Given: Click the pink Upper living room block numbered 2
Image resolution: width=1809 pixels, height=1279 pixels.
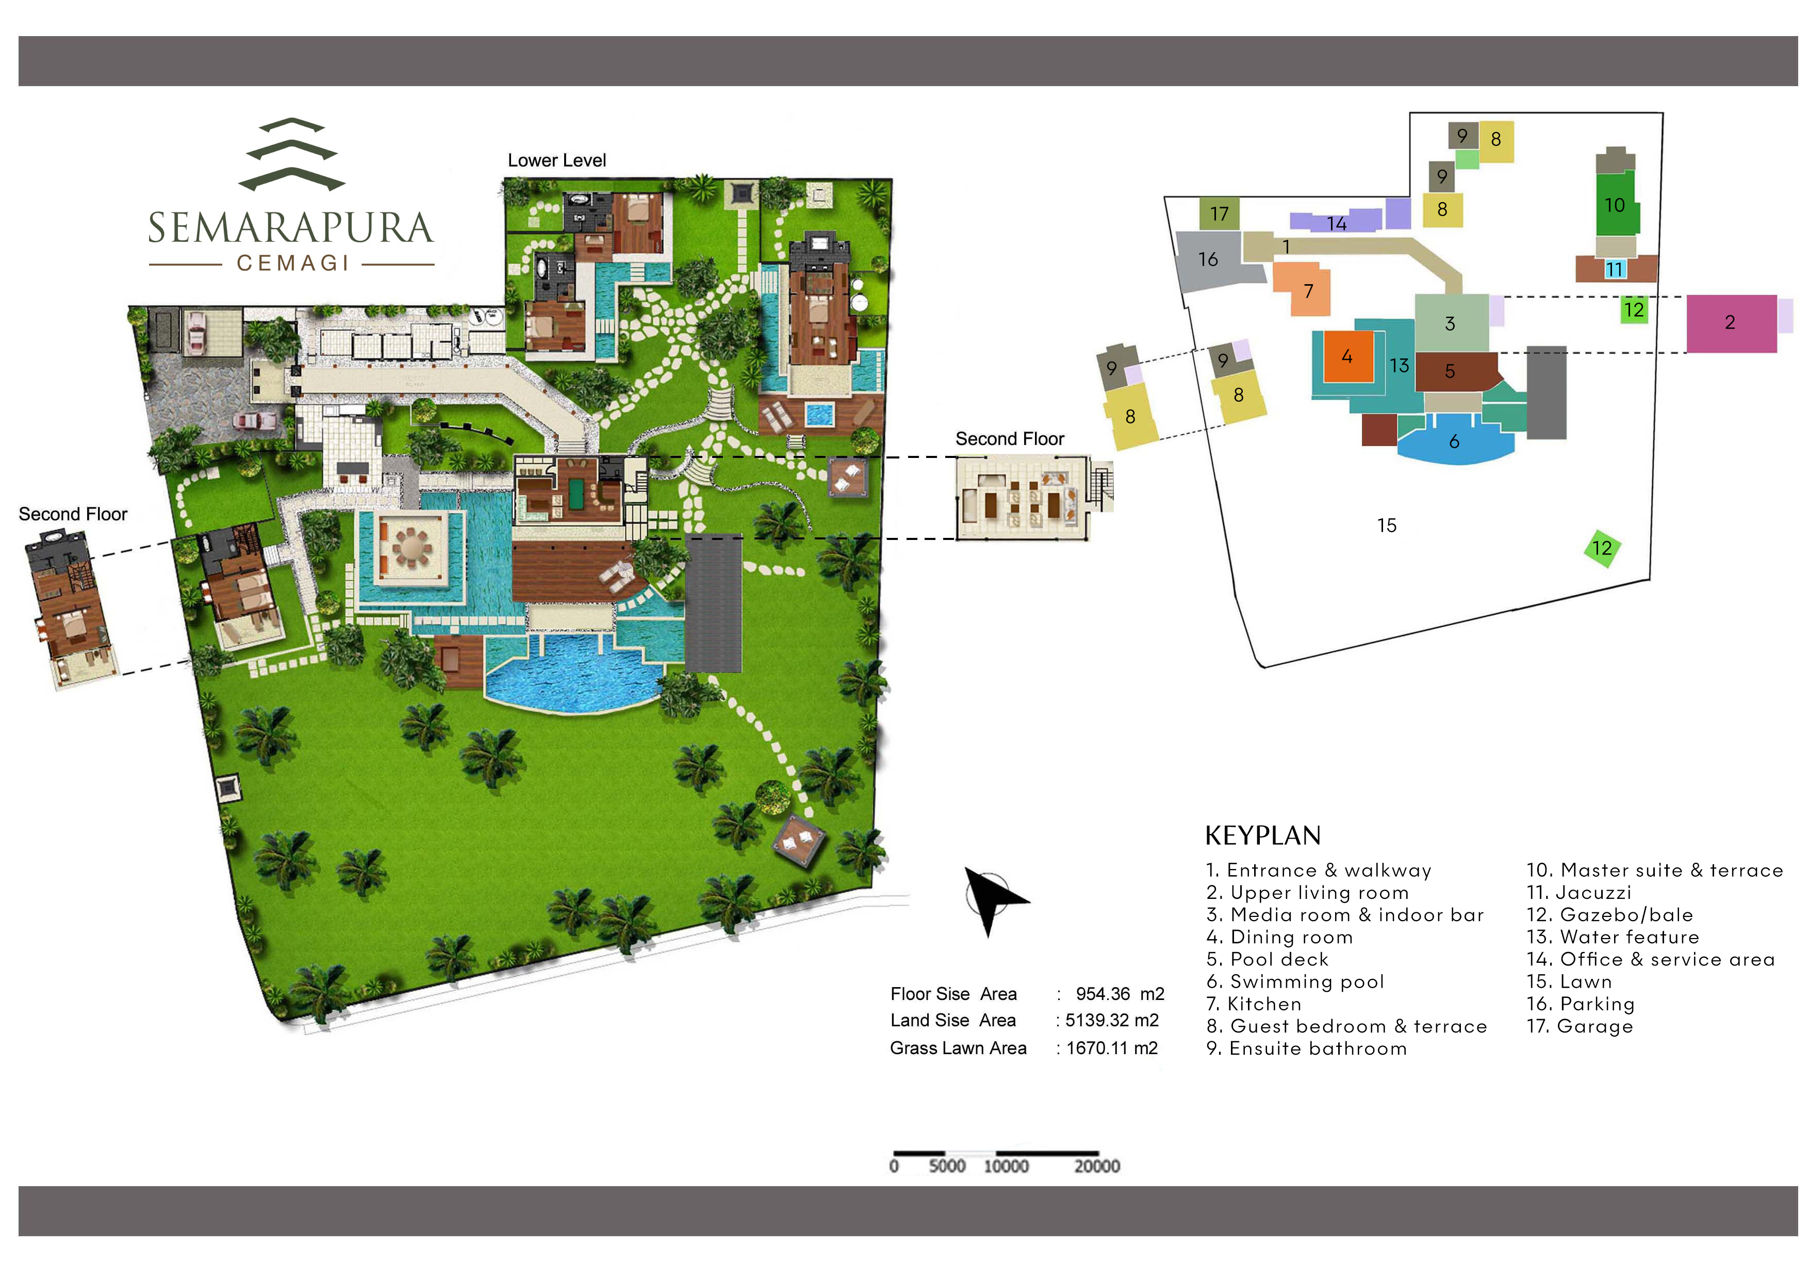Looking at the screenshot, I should click(1730, 322).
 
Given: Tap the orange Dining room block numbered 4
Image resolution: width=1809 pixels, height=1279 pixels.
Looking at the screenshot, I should click(1347, 356).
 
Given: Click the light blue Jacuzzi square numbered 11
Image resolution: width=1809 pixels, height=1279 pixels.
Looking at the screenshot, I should click(1615, 270).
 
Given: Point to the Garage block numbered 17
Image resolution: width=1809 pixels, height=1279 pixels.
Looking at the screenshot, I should click(1219, 214).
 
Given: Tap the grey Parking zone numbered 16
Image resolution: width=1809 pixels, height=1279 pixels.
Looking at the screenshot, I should click(1207, 259).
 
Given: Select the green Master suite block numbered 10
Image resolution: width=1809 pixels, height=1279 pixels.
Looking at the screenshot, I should click(1615, 205).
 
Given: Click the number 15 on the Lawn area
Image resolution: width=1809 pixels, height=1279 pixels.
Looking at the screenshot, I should click(1387, 526).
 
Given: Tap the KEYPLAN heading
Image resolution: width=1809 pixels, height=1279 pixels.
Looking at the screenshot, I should click(1262, 835).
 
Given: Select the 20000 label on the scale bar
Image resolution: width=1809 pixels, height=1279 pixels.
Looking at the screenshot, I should click(1097, 1166).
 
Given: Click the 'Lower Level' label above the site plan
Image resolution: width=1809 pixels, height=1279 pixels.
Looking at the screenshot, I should click(556, 161).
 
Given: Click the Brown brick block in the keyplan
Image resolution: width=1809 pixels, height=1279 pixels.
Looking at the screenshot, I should click(1379, 430).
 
